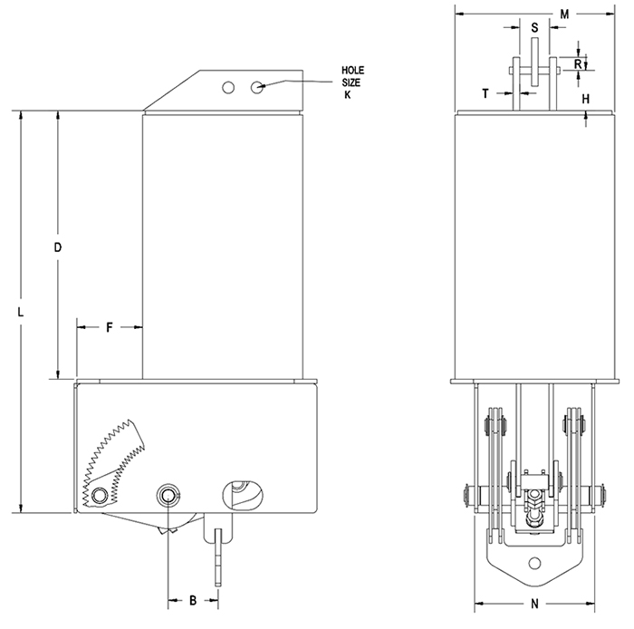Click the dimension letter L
click(x=20, y=311)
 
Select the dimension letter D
click(x=57, y=247)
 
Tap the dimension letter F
click(x=109, y=327)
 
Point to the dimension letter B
click(x=193, y=600)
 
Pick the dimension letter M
click(x=563, y=15)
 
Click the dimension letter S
click(x=534, y=28)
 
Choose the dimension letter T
click(x=485, y=93)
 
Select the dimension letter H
click(x=585, y=98)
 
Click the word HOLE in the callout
click(x=352, y=71)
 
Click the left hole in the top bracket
click(x=229, y=87)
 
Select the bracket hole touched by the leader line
click(x=258, y=87)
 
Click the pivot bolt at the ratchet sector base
click(x=98, y=495)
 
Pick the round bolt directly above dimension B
click(x=168, y=494)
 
